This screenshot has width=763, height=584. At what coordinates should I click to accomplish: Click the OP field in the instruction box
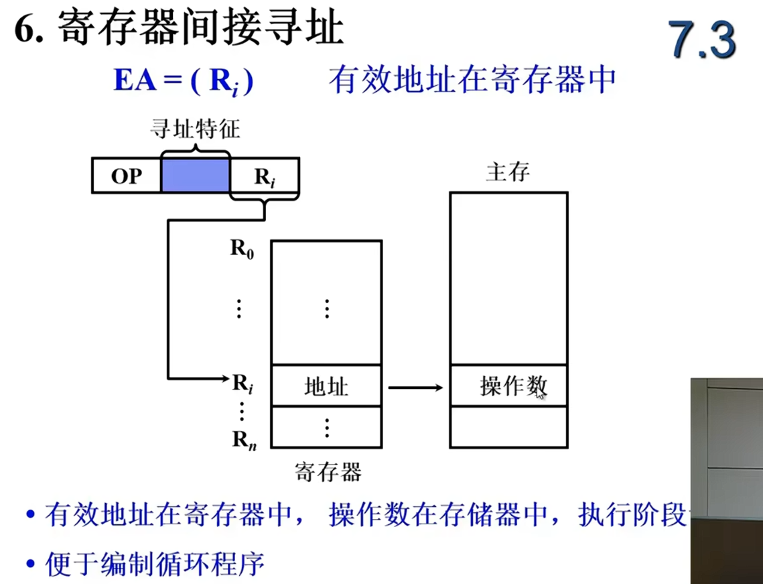tap(126, 177)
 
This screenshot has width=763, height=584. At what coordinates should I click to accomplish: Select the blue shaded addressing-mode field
tap(195, 177)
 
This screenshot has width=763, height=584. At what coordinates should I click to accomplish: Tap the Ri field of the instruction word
tap(265, 177)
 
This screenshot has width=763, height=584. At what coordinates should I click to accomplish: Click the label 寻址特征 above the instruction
tap(195, 129)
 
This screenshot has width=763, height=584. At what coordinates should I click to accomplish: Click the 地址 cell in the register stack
tap(326, 386)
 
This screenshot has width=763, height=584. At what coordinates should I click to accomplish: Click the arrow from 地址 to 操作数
tap(415, 387)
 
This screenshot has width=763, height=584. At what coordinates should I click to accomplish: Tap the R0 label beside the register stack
tap(242, 249)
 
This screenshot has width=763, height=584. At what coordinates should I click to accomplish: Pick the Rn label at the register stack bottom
tap(242, 439)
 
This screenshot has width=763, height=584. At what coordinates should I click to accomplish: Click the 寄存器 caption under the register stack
tap(328, 472)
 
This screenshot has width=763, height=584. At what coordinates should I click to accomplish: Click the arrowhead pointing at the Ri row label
tap(225, 379)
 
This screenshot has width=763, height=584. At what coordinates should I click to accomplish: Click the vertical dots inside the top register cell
tap(326, 308)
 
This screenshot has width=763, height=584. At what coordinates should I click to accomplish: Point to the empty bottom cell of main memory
tap(508, 426)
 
